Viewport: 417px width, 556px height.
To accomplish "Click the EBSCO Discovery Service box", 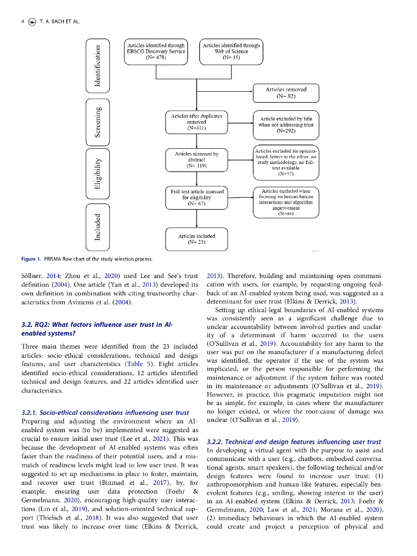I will pos(156,52).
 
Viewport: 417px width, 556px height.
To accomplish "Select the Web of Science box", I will pos(231,52).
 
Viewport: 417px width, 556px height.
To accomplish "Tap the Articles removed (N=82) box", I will pos(286,93).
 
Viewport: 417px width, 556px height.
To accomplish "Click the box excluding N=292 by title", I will pos(286,124).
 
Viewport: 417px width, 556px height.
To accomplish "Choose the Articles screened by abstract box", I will pos(197,160).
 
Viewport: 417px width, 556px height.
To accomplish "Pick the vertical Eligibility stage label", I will pos(98,173).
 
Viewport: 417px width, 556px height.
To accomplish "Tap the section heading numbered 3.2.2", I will pos(294,442).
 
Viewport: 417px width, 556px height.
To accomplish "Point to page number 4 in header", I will pos(22,21).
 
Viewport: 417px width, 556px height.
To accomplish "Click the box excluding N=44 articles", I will pos(286,203).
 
